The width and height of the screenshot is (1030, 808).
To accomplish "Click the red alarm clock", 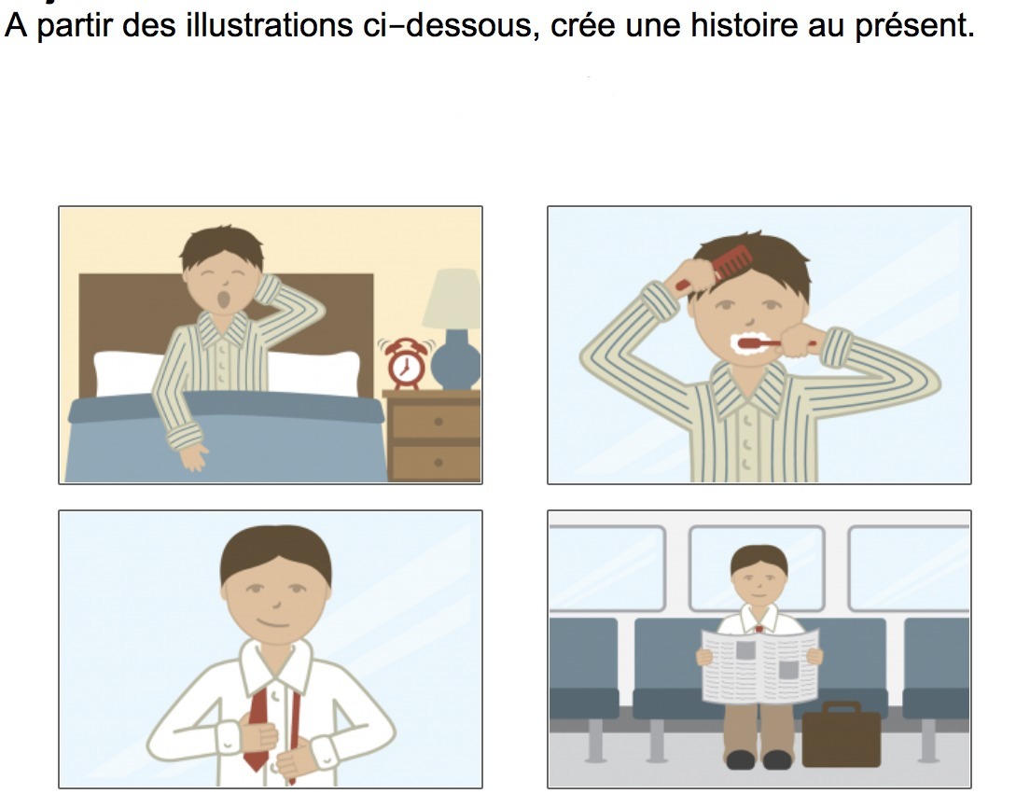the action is pos(405,363).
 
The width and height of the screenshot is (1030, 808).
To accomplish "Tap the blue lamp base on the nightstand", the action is pos(455,360).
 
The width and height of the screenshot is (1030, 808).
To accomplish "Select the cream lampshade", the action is pos(452,299).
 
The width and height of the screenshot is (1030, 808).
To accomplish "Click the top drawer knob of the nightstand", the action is pos(438,422).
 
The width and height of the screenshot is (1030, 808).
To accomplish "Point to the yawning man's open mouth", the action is pos(224,300).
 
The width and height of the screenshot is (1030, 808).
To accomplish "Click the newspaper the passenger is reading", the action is pos(760,665).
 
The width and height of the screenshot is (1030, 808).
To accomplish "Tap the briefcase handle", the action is pos(841,706).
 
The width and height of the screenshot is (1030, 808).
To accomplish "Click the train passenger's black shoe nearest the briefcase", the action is pos(777,759).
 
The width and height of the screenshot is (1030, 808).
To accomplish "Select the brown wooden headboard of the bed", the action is pos(227,315).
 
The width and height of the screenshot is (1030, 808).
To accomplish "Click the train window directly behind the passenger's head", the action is pos(756,568).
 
